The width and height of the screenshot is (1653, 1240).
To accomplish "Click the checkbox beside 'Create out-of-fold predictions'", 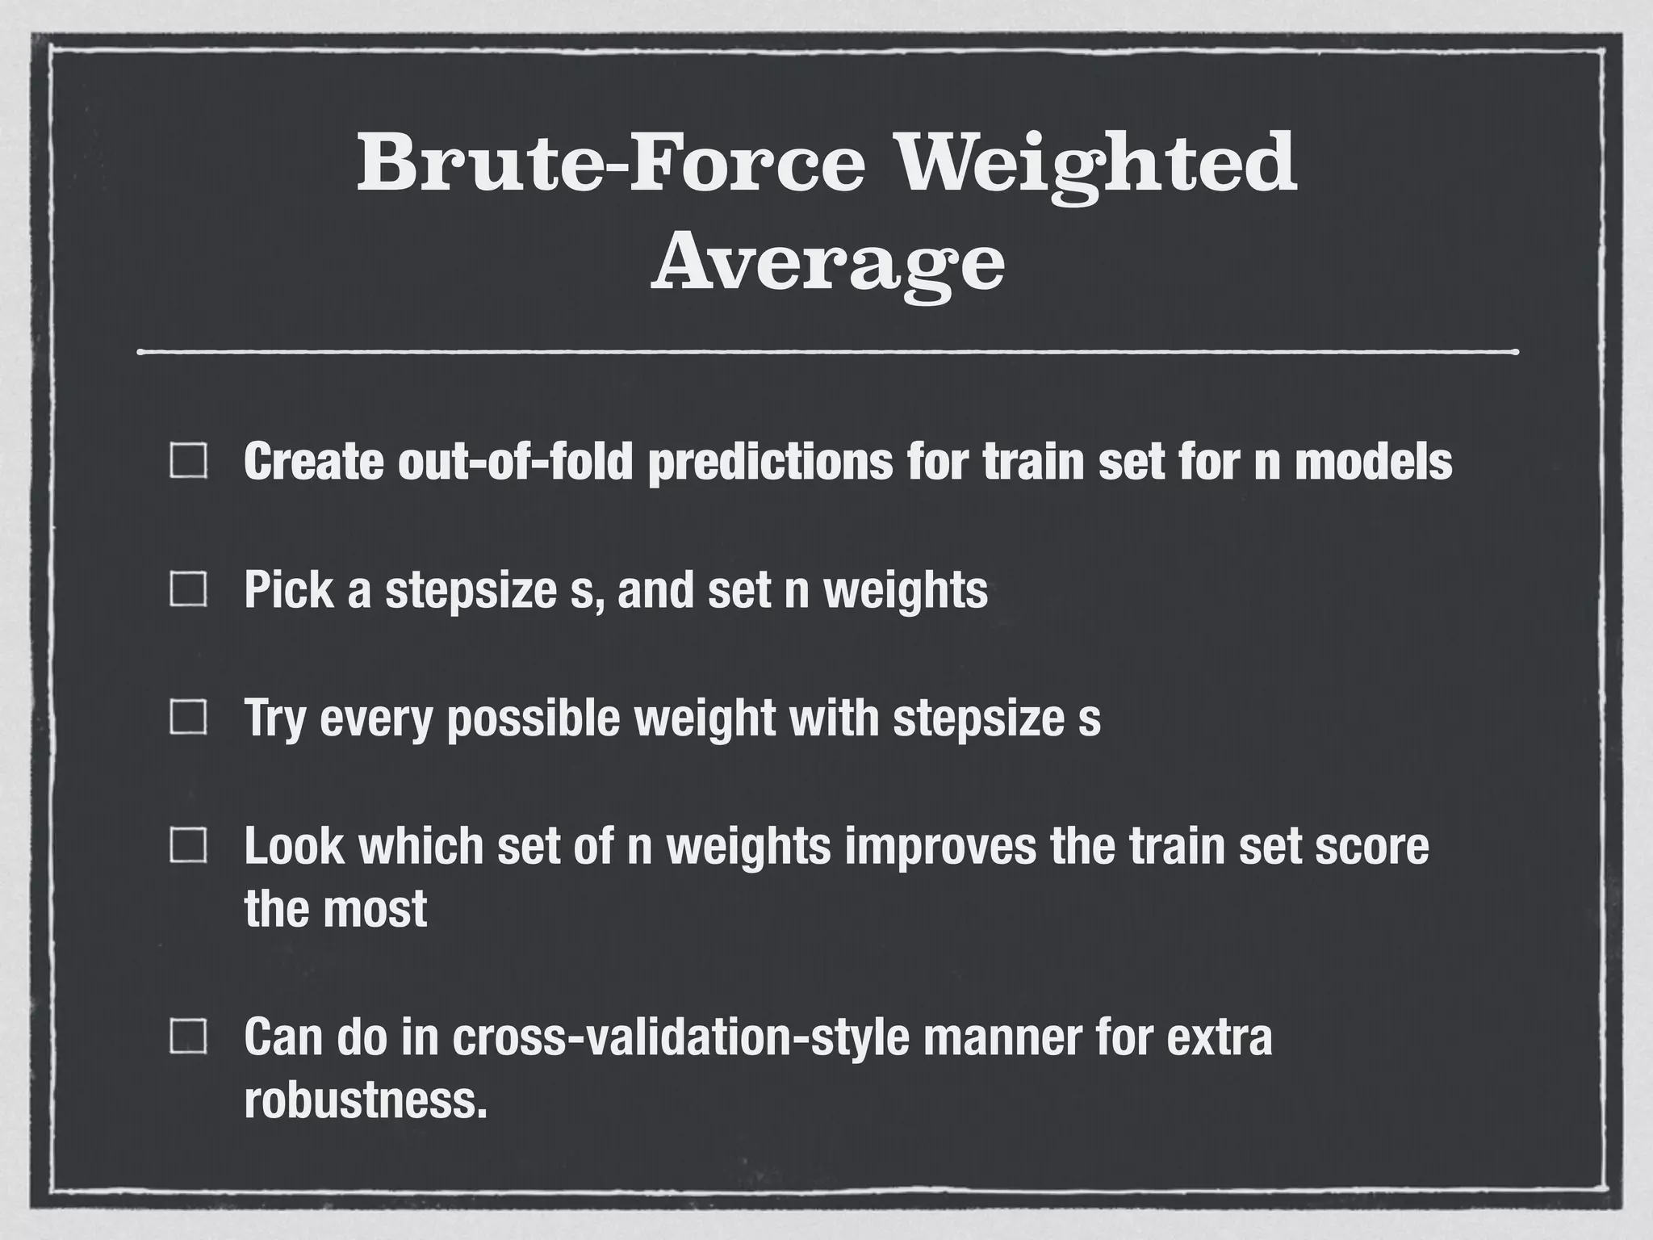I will pyautogui.click(x=188, y=462).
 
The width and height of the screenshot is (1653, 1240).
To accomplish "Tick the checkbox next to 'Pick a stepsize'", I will pyautogui.click(x=188, y=590).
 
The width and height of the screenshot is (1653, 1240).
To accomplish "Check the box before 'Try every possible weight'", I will pyautogui.click(x=188, y=718).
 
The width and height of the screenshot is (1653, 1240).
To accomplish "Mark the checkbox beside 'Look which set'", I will pyautogui.click(x=188, y=846).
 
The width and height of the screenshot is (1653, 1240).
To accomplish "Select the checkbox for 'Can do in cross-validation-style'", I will pyautogui.click(x=188, y=1037).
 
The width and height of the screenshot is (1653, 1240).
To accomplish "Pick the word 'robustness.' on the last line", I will pyautogui.click(x=366, y=1100).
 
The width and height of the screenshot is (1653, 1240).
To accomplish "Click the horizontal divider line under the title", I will pyautogui.click(x=827, y=352).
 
